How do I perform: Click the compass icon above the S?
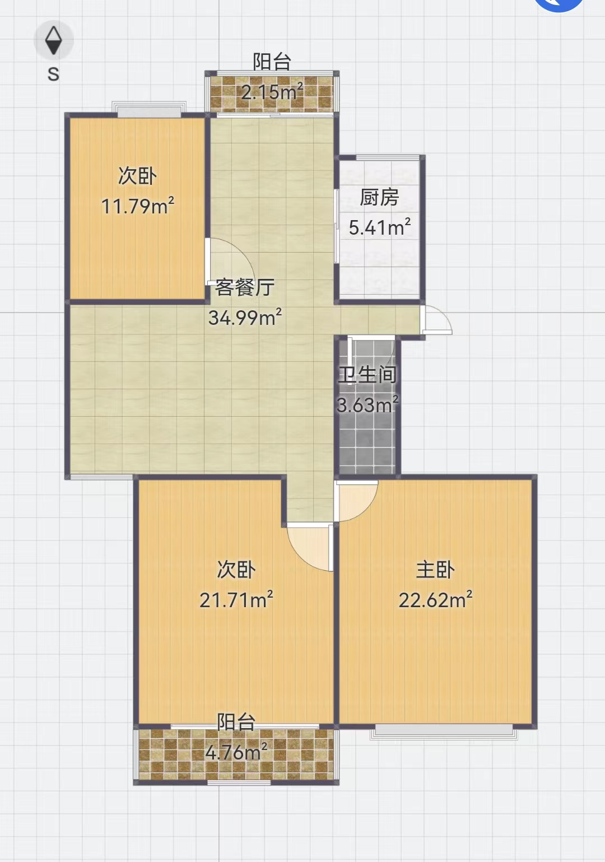coord(53,40)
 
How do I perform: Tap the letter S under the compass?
coord(53,74)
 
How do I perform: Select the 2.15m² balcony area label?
coord(272,91)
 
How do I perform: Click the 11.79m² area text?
coord(138,206)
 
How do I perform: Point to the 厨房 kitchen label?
coord(379,198)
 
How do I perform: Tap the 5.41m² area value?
coord(379,227)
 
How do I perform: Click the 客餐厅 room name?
coord(245,287)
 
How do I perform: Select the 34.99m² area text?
coord(245,317)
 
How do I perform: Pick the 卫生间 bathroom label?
coord(367,375)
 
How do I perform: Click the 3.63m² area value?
coord(367,404)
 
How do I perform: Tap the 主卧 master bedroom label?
coord(435,570)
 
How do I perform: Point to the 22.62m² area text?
coord(435,599)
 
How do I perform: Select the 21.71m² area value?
coord(236,599)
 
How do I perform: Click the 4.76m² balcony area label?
coord(236,752)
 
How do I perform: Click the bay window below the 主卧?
coord(444,731)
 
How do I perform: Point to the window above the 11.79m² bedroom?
coord(149,109)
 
